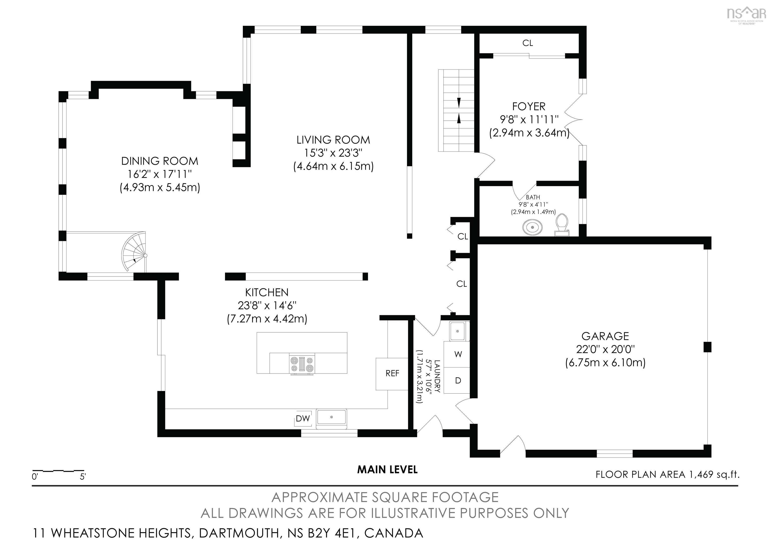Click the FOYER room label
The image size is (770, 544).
coord(529,106)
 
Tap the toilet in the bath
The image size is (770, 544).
coord(561,226)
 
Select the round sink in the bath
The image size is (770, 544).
coord(533,227)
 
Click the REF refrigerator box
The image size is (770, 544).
coord(392,374)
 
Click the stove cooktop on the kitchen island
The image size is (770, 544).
coord(303,364)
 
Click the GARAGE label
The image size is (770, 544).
coord(605,336)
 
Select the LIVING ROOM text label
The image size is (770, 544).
coord(333,140)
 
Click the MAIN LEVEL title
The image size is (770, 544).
coord(387,470)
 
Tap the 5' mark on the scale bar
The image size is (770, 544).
coord(82,477)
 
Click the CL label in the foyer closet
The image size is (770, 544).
coord(528,43)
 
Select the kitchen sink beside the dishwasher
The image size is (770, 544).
coord(331,417)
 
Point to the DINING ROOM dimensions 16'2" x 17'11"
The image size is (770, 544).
coord(159,174)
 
